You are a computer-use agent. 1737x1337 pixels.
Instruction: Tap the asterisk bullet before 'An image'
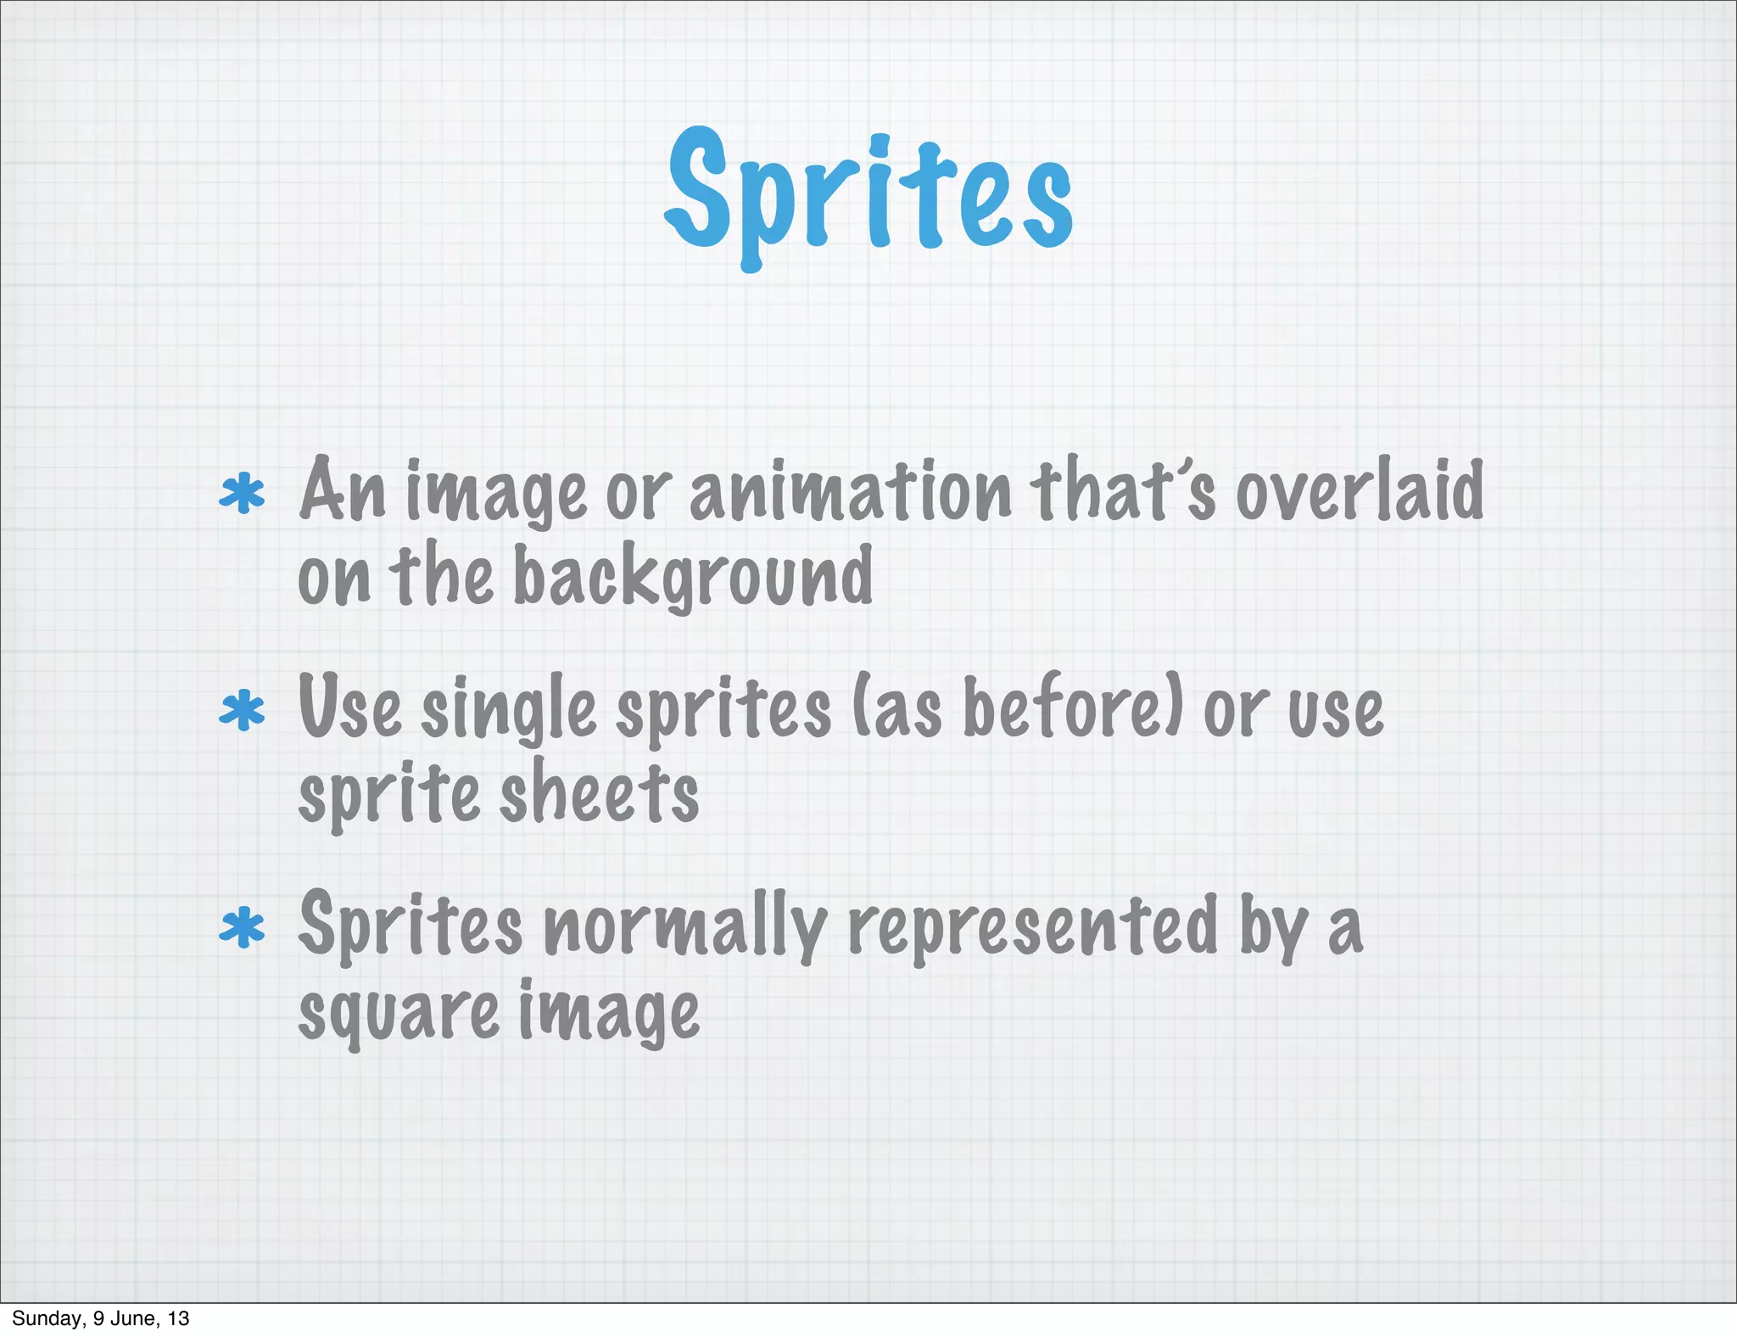coord(242,495)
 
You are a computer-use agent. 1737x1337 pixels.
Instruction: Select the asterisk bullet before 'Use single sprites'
coord(242,711)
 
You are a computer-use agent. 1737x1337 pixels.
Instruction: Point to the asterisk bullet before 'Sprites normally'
coord(242,927)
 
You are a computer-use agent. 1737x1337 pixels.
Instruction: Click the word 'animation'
coord(850,492)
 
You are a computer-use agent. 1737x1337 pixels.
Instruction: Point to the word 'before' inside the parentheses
coord(1063,709)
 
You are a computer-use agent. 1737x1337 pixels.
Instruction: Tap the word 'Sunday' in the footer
coord(47,1318)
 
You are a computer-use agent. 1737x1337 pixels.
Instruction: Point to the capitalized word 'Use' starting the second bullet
coord(349,709)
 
